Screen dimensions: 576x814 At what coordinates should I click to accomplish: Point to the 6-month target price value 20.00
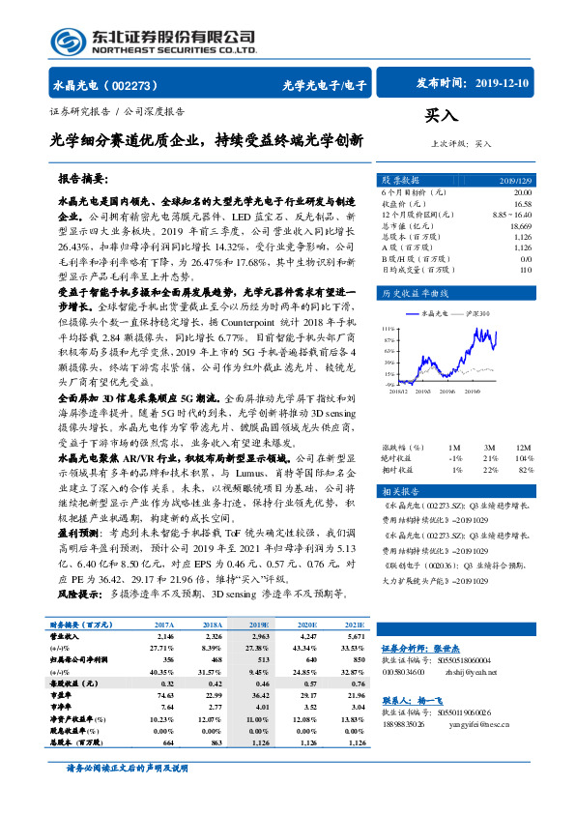click(x=521, y=192)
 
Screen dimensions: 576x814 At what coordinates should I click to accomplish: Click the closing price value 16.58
click(x=522, y=204)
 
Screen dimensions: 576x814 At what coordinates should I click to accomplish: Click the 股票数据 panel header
click(x=400, y=181)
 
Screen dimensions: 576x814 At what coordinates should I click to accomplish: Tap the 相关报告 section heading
click(x=399, y=491)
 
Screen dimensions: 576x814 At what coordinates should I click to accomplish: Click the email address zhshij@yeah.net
click(x=472, y=670)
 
